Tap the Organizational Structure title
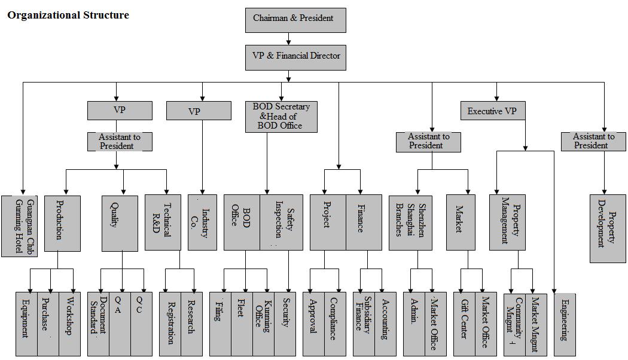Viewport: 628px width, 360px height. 68,15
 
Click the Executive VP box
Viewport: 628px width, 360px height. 492,111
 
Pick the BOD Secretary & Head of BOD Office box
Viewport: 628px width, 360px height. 281,117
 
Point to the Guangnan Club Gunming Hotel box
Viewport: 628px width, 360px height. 19,225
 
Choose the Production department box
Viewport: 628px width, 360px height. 62,222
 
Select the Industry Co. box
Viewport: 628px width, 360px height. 202,222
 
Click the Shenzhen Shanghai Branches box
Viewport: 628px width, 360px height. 410,222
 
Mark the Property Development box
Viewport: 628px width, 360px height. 608,228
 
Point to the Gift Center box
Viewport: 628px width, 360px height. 464,324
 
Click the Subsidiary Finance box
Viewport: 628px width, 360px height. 364,324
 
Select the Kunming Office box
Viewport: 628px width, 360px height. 263,324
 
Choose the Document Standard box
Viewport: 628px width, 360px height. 98,324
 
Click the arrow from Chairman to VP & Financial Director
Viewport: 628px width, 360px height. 289,39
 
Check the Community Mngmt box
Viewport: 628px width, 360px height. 514,324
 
